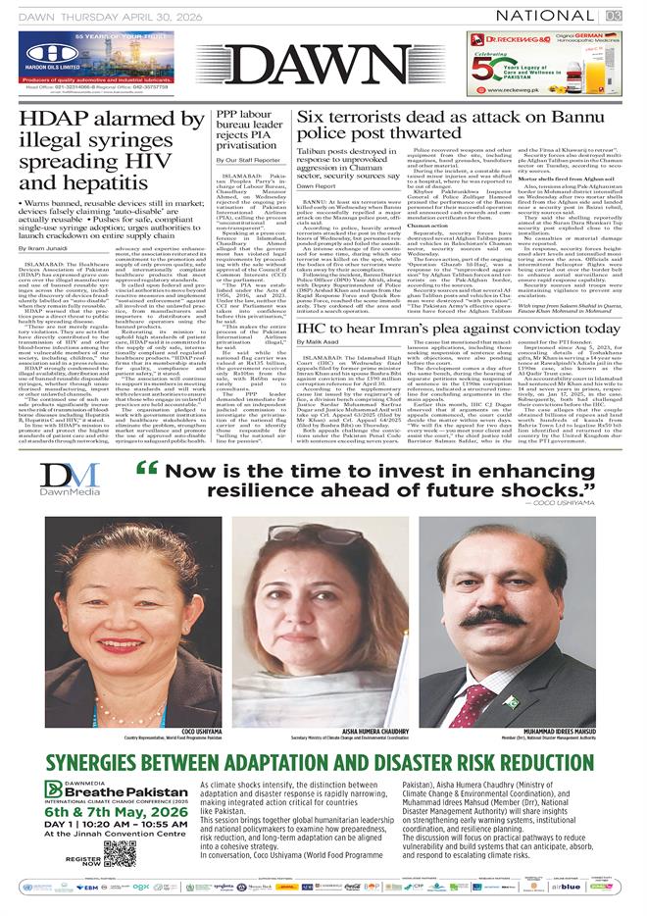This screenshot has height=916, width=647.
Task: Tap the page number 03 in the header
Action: (x=614, y=15)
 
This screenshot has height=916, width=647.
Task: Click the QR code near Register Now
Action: (x=119, y=853)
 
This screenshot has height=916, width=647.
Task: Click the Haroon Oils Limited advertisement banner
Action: (x=108, y=58)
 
